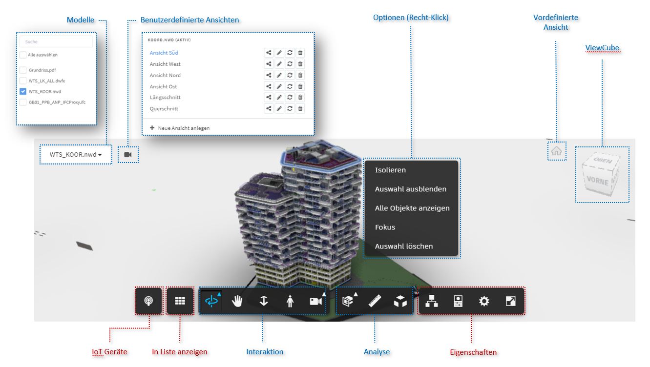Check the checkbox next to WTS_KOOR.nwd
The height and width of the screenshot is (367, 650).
coord(23,92)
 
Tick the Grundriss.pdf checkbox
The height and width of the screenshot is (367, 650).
coord(23,70)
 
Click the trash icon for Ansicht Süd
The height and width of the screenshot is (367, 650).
coord(300,53)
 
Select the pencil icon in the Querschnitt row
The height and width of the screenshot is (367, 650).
coord(279,108)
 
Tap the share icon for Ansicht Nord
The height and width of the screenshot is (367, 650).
coord(269,75)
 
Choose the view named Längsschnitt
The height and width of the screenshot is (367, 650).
coord(165,98)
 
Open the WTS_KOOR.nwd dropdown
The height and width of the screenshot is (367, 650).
coord(75,155)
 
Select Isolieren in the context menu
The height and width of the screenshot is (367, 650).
coord(390,170)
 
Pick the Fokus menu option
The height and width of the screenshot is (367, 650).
coord(385,227)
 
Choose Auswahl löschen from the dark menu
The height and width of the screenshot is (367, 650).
coord(404,246)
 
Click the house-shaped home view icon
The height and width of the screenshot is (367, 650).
coord(557,151)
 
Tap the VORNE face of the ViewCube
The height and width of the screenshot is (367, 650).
coord(597,181)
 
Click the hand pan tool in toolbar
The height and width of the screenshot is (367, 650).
coord(237,301)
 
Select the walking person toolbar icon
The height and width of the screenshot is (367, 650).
coord(290,301)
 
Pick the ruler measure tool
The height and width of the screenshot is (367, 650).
coord(375,301)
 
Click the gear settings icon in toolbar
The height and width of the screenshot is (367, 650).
coord(484,301)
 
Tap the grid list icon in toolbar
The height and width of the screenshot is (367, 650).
coord(180,301)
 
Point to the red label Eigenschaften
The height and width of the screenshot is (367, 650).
coord(473,352)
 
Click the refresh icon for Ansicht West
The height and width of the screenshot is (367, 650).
coord(290,64)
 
